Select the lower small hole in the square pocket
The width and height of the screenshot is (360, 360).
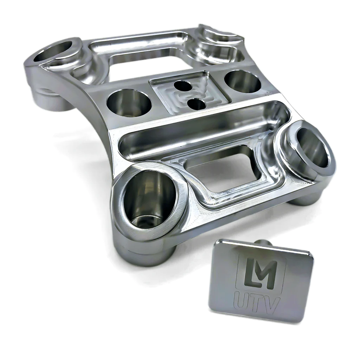click(x=197, y=104)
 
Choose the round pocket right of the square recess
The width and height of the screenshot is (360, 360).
click(x=243, y=81)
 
